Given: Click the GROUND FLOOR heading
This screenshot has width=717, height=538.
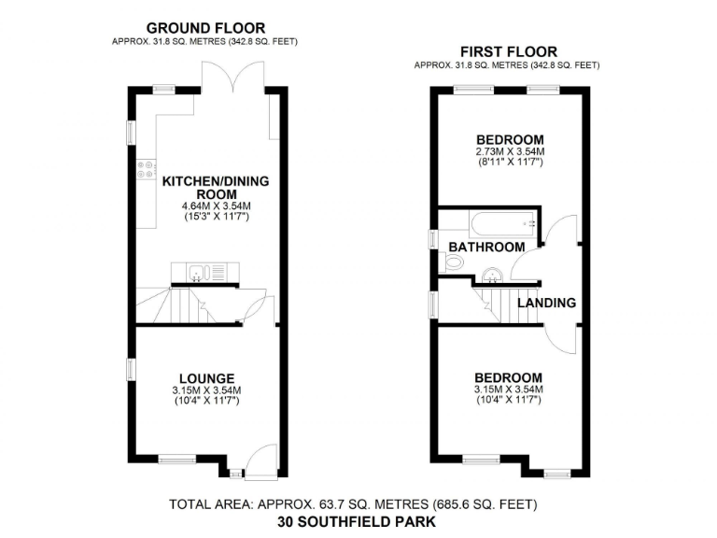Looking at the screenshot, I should pyautogui.click(x=204, y=28).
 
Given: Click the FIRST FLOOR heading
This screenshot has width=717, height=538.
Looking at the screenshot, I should pyautogui.click(x=508, y=51).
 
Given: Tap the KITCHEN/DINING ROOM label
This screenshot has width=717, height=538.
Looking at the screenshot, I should pyautogui.click(x=204, y=188).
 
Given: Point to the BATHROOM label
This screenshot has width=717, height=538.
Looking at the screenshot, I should pyautogui.click(x=486, y=247).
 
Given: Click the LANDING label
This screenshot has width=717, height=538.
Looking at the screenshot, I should pyautogui.click(x=546, y=303).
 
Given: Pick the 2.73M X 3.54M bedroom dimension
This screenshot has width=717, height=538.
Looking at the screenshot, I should pyautogui.click(x=509, y=151).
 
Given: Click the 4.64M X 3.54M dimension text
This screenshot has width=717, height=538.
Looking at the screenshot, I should pyautogui.click(x=205, y=207).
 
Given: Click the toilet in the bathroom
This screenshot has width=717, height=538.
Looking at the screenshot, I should pyautogui.click(x=454, y=263).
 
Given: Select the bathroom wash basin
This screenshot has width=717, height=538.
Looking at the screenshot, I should pyautogui.click(x=494, y=274).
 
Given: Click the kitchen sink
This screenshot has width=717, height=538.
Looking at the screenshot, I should pyautogui.click(x=197, y=273).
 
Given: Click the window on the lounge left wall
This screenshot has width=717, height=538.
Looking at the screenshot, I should pyautogui.click(x=133, y=367).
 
